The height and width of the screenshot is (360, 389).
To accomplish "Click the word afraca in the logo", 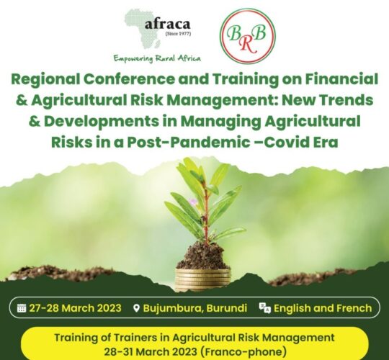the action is tap(167, 24).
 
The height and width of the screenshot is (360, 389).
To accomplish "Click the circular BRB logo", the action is tap(248, 35).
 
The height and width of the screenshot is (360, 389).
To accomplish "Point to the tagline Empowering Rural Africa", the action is tap(157, 58).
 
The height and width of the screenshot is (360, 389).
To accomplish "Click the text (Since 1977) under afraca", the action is tap(178, 34).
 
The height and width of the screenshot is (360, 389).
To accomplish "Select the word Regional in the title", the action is tap(45, 80).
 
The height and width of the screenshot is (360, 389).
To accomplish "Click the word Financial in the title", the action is tap(341, 79).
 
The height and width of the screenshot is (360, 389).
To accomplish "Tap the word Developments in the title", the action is tap(102, 122).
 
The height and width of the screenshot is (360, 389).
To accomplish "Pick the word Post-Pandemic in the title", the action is tap(185, 143).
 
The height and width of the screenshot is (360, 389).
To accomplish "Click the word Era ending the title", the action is tap(326, 143).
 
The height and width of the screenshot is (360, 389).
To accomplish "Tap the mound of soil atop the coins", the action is tap(203, 256).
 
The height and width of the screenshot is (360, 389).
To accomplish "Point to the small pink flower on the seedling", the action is tap(193, 202).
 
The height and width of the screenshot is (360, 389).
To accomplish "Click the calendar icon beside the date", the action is tap(22, 308).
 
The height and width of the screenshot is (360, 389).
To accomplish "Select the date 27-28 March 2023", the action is tap(75, 308).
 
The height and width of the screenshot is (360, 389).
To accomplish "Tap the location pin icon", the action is tap(136, 308).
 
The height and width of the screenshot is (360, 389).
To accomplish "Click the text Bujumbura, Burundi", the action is tap(195, 308).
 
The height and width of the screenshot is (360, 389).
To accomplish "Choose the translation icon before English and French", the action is tap(264, 308).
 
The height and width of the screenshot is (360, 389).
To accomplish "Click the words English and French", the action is tap(323, 308).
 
